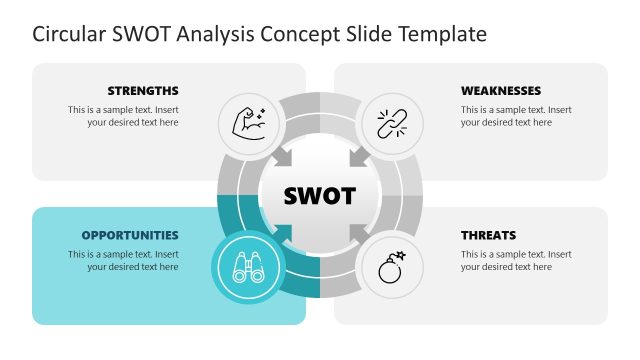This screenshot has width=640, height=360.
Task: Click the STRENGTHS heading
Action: tap(143, 90)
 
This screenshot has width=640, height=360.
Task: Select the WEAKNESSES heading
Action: tap(501, 90)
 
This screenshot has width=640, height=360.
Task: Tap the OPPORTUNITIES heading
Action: tap(130, 236)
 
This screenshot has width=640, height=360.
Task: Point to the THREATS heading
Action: tap(488, 236)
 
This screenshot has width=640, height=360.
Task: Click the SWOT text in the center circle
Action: tap(320, 195)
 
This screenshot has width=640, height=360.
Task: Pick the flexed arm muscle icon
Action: tap(248, 124)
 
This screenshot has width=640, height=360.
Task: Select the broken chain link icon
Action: tap(391, 124)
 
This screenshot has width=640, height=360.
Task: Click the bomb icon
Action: tap(391, 267)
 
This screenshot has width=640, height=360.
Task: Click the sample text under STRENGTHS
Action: tap(124, 116)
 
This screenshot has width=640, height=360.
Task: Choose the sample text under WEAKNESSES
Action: tap(516, 116)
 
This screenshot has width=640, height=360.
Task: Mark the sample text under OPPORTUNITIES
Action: tap(124, 261)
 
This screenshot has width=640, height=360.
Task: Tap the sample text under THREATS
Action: tap(516, 261)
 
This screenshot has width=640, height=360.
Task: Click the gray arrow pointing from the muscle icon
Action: tap(283, 157)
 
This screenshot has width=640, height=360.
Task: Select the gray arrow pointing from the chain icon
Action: tap(357, 157)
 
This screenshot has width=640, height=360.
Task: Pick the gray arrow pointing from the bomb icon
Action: tap(357, 234)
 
